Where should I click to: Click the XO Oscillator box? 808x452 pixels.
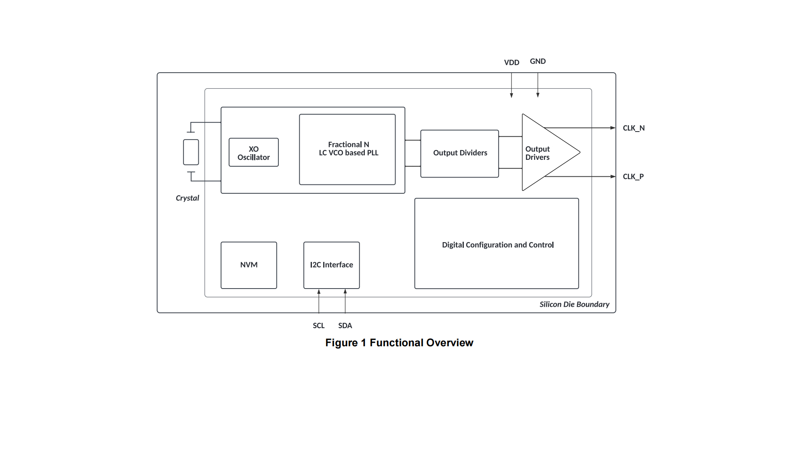[253, 153]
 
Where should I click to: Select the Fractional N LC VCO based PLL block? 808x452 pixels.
[347, 149]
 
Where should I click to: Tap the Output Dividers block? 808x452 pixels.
[459, 153]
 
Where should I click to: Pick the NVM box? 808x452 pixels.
[248, 265]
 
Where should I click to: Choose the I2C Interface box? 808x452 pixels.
[331, 265]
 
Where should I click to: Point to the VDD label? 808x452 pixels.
[511, 63]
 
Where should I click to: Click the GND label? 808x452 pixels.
[538, 61]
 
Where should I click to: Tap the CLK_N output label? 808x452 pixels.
[633, 128]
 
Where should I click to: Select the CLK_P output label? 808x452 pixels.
[633, 177]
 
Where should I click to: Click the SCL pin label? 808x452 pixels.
[318, 326]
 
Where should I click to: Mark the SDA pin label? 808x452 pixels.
[345, 326]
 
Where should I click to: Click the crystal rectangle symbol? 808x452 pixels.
[191, 152]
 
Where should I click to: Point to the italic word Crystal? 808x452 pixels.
[187, 198]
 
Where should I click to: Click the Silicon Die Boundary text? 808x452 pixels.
[574, 304]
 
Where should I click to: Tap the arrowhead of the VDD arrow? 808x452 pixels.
[511, 96]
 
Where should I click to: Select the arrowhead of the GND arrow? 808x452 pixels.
[538, 96]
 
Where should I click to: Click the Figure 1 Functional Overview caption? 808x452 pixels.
[399, 343]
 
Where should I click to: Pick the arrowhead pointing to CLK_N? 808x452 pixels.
[613, 128]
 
